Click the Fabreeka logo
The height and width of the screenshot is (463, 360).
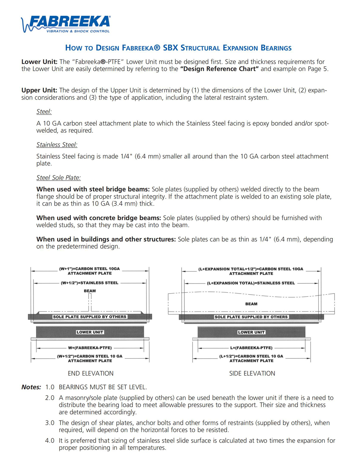point(66,24)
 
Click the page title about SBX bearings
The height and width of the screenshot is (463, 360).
point(178,48)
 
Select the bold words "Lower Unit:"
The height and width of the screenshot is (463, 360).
point(39,62)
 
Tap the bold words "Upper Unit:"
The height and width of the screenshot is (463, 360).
point(39,90)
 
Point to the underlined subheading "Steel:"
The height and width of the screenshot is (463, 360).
point(44,112)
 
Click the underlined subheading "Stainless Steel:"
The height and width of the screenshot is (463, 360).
point(57,145)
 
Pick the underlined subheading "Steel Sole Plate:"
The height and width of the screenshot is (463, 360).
point(58,178)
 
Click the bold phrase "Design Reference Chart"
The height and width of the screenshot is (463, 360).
point(219,69)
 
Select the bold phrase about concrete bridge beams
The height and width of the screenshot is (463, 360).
point(99,218)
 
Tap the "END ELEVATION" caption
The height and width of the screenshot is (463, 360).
point(90,373)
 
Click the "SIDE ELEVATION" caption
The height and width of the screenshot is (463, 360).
point(252,373)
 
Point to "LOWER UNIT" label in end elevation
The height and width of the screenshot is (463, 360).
point(90,332)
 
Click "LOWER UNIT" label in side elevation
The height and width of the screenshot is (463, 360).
point(251,332)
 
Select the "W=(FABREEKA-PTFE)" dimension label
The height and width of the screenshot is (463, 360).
point(90,348)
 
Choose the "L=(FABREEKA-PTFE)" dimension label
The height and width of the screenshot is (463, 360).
point(251,348)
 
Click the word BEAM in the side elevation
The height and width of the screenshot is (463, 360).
point(251,304)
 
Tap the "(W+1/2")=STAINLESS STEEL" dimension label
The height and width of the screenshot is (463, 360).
point(90,283)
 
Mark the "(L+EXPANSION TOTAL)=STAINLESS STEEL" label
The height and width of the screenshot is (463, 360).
point(251,283)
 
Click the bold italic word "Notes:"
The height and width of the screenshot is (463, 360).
point(31,387)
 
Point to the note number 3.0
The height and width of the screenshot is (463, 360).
point(50,423)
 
